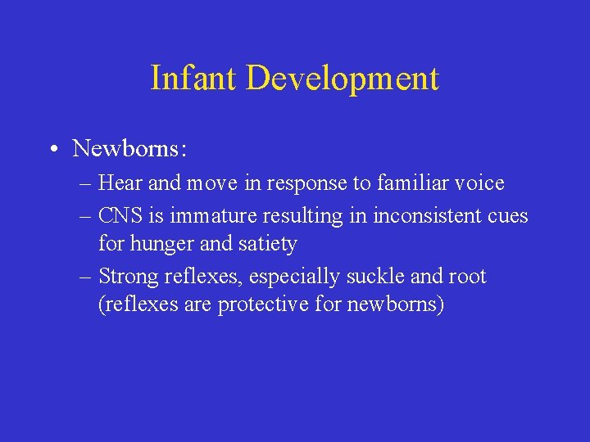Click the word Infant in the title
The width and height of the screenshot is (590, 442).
coord(193,79)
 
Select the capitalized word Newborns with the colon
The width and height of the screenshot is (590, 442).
coord(129,148)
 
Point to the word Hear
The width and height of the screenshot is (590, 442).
coord(120,183)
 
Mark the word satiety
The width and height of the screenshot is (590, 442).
coord(266,245)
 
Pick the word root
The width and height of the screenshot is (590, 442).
coord(467,277)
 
